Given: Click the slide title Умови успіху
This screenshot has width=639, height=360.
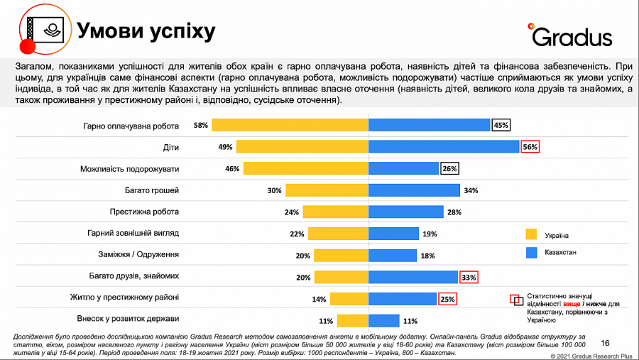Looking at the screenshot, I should click(x=146, y=31).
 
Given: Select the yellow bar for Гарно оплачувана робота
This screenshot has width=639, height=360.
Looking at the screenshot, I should click(x=290, y=125).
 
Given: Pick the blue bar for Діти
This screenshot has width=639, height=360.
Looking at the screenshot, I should click(x=444, y=147).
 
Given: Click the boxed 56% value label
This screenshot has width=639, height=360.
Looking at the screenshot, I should click(x=530, y=147).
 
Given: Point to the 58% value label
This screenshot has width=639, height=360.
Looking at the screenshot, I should click(x=200, y=125).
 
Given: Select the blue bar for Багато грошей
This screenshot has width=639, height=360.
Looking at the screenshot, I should click(x=413, y=190).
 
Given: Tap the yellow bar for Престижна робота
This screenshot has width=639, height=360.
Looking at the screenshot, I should click(x=335, y=212).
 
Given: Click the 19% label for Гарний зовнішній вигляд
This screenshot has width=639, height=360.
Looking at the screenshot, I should click(x=430, y=234).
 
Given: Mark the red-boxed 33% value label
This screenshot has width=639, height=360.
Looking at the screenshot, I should click(x=468, y=277).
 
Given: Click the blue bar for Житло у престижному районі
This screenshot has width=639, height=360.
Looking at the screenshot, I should click(x=402, y=299).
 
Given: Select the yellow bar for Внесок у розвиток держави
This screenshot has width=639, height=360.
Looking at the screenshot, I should click(x=353, y=320).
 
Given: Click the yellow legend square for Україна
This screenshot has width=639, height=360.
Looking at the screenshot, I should click(x=530, y=234).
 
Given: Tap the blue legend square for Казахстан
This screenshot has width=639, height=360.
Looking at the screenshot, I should click(x=530, y=252).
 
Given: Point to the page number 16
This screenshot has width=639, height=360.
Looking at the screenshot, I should click(x=605, y=342).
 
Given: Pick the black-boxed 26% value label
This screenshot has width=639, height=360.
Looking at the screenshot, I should click(x=449, y=169).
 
